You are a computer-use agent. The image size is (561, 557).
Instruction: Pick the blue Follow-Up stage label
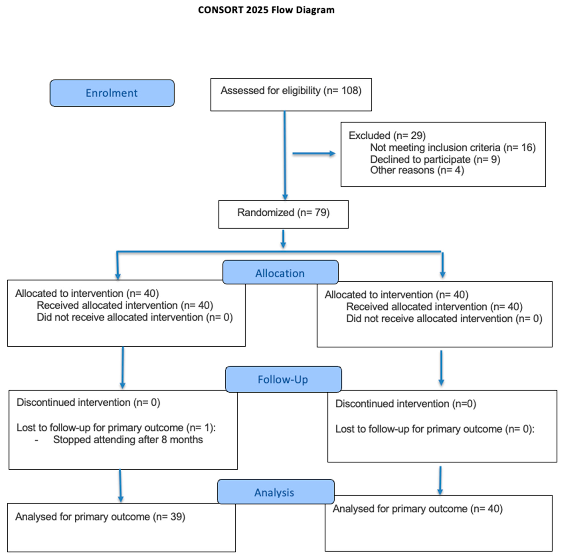click(283, 379)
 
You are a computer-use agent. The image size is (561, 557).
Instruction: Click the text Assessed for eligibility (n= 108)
click(291, 90)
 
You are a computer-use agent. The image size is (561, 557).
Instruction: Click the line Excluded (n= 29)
click(387, 136)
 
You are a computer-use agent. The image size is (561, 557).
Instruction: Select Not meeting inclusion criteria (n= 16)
click(453, 148)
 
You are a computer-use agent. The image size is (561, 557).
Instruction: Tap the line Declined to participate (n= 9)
click(435, 159)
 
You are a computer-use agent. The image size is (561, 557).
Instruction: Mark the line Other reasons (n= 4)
click(417, 170)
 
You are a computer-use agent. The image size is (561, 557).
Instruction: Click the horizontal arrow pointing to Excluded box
click(314, 153)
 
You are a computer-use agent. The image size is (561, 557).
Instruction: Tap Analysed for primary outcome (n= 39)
click(100, 517)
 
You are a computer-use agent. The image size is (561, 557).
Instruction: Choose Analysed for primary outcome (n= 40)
click(418, 509)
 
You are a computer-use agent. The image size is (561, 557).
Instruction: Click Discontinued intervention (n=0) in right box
click(406, 404)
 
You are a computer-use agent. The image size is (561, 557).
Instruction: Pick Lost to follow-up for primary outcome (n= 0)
click(435, 429)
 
